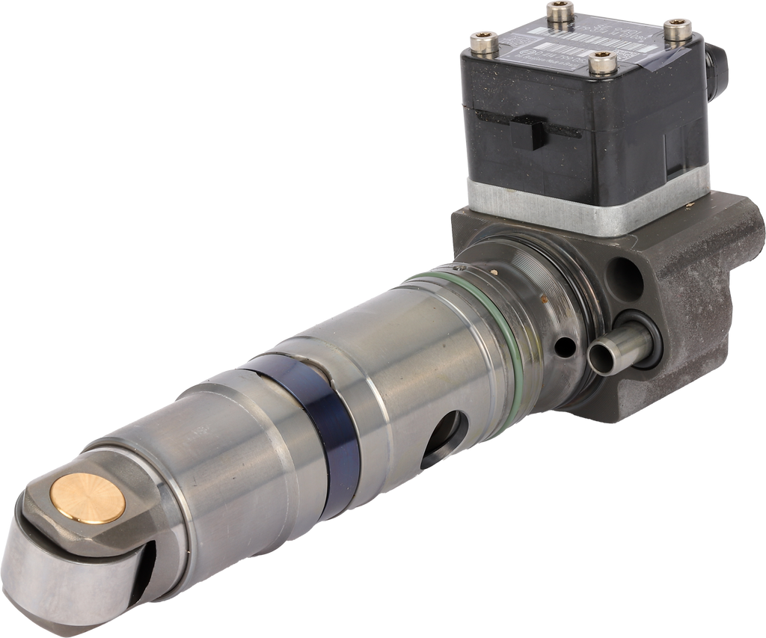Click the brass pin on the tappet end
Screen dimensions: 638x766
pos(88,500)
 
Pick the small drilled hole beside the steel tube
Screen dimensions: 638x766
pos(566,347)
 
